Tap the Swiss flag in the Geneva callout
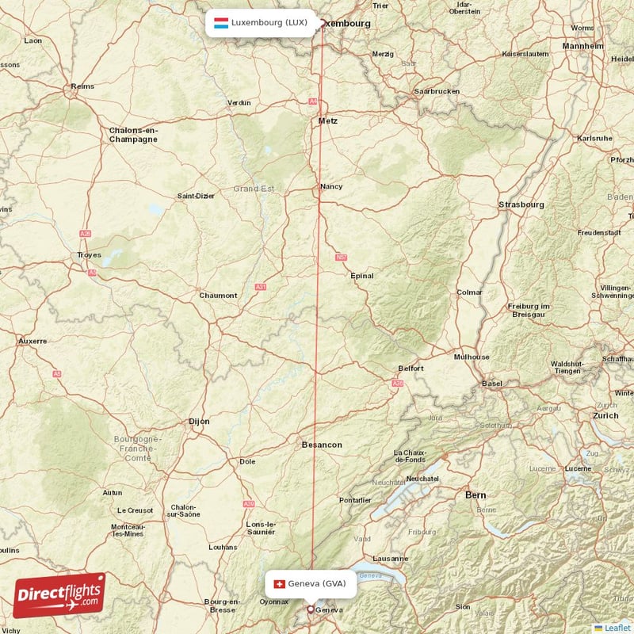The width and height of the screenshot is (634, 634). point(278,584)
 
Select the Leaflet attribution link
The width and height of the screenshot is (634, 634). point(617,628)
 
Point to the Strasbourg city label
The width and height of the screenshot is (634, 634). point(521,204)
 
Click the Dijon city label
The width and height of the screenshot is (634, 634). point(199,422)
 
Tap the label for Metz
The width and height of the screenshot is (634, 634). point(327,120)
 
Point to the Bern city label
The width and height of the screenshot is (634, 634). point(475,495)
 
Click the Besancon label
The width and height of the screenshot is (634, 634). point(322,445)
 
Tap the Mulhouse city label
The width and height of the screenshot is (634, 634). point(471,357)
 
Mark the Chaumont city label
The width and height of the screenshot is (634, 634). point(218,296)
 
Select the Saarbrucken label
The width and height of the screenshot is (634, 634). point(436,91)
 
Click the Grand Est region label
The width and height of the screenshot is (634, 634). point(253,189)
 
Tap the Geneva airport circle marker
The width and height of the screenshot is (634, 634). point(311,609)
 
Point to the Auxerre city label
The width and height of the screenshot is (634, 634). point(32,341)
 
